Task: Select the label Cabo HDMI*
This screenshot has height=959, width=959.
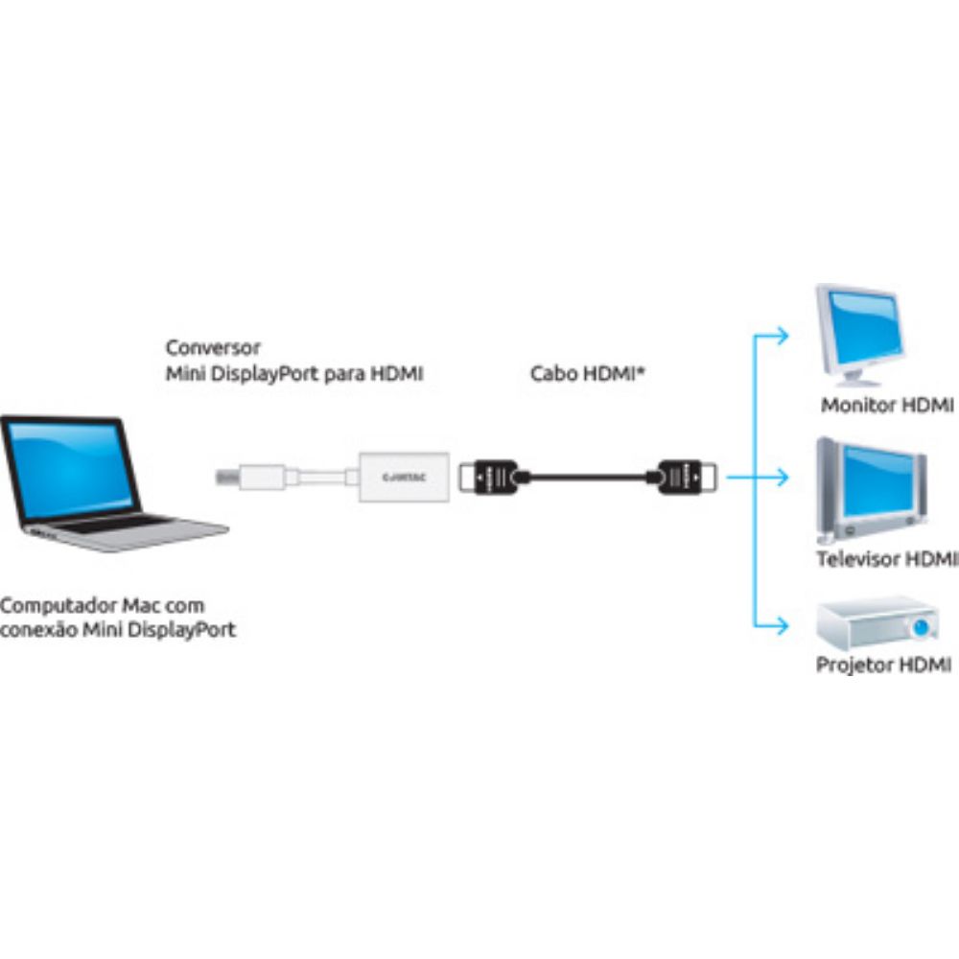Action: (x=586, y=374)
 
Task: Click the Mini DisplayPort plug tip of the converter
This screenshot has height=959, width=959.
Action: (x=223, y=475)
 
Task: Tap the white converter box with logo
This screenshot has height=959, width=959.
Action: (x=404, y=475)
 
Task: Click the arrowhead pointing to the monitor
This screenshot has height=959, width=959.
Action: (x=784, y=336)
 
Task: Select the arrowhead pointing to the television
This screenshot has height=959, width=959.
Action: (x=784, y=476)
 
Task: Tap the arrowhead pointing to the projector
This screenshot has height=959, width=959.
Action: (x=784, y=626)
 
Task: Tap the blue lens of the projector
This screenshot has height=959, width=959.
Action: (x=922, y=629)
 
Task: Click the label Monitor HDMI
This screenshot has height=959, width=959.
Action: (x=886, y=406)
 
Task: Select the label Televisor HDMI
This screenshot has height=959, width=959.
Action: (x=886, y=558)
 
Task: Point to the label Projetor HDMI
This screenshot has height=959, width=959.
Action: (x=883, y=665)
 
